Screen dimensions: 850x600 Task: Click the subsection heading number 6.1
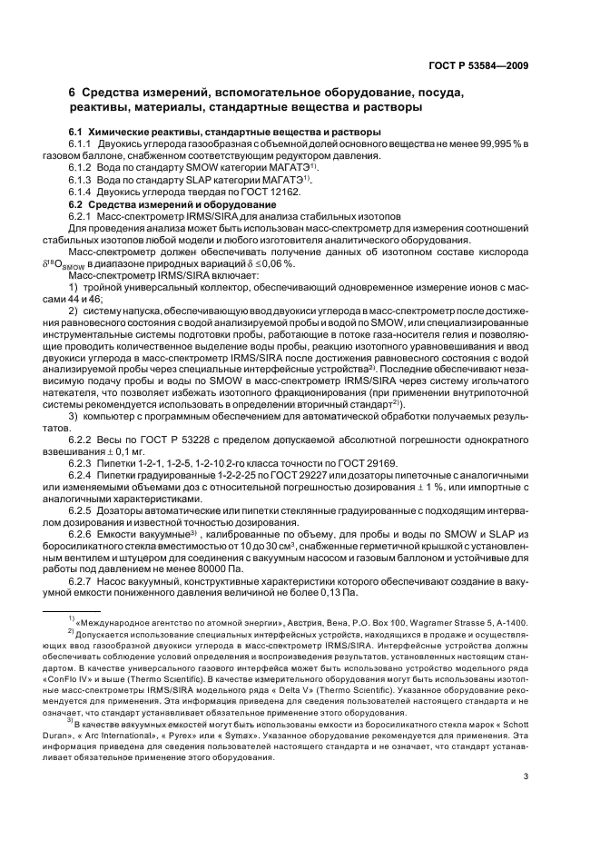[76, 133]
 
